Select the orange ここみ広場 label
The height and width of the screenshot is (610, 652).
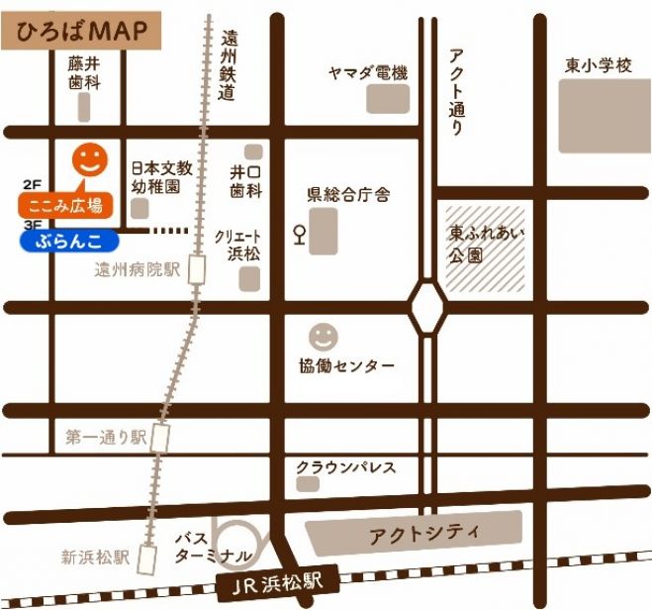click(66, 206)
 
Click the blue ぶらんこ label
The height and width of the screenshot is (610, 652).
click(69, 241)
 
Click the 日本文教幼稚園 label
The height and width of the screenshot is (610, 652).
click(156, 175)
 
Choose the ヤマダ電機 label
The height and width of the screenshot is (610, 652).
click(368, 72)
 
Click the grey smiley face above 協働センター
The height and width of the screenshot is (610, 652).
click(323, 336)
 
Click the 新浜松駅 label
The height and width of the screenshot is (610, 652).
click(95, 557)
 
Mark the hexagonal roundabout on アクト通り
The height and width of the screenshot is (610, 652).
click(428, 306)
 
